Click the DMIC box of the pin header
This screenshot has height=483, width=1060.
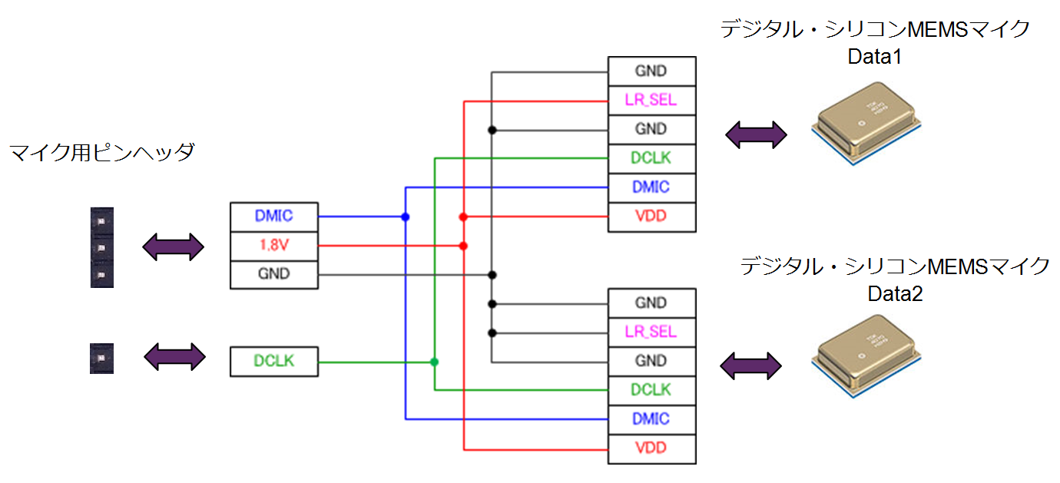(274, 217)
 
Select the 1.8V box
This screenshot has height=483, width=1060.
(274, 246)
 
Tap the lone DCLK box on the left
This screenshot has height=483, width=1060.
(274, 361)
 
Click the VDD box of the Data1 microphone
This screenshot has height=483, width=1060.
(651, 217)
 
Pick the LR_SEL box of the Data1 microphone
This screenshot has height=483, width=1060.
(651, 100)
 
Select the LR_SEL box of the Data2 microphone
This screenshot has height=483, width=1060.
(651, 332)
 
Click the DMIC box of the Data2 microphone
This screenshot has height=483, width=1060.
(651, 419)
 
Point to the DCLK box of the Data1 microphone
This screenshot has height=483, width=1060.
(651, 158)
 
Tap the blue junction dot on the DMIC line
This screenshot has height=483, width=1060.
(406, 217)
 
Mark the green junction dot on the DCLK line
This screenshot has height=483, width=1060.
(434, 361)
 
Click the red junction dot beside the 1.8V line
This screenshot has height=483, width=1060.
(463, 246)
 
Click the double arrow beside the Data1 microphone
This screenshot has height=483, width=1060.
(757, 135)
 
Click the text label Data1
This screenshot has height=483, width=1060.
(874, 57)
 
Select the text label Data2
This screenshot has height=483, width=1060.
(895, 293)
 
